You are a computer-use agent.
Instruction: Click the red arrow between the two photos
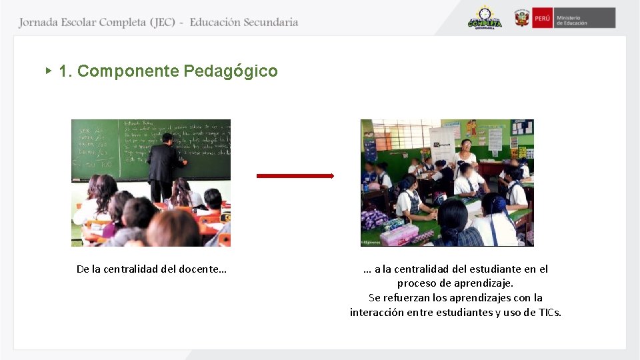[x=295, y=176]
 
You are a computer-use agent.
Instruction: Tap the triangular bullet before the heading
[x=49, y=70]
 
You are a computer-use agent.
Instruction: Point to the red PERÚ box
[x=542, y=18]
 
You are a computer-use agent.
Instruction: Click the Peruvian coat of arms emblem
[x=521, y=18]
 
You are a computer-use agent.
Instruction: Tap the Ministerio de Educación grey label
[x=584, y=18]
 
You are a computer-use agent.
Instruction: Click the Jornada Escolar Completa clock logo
[x=485, y=18]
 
